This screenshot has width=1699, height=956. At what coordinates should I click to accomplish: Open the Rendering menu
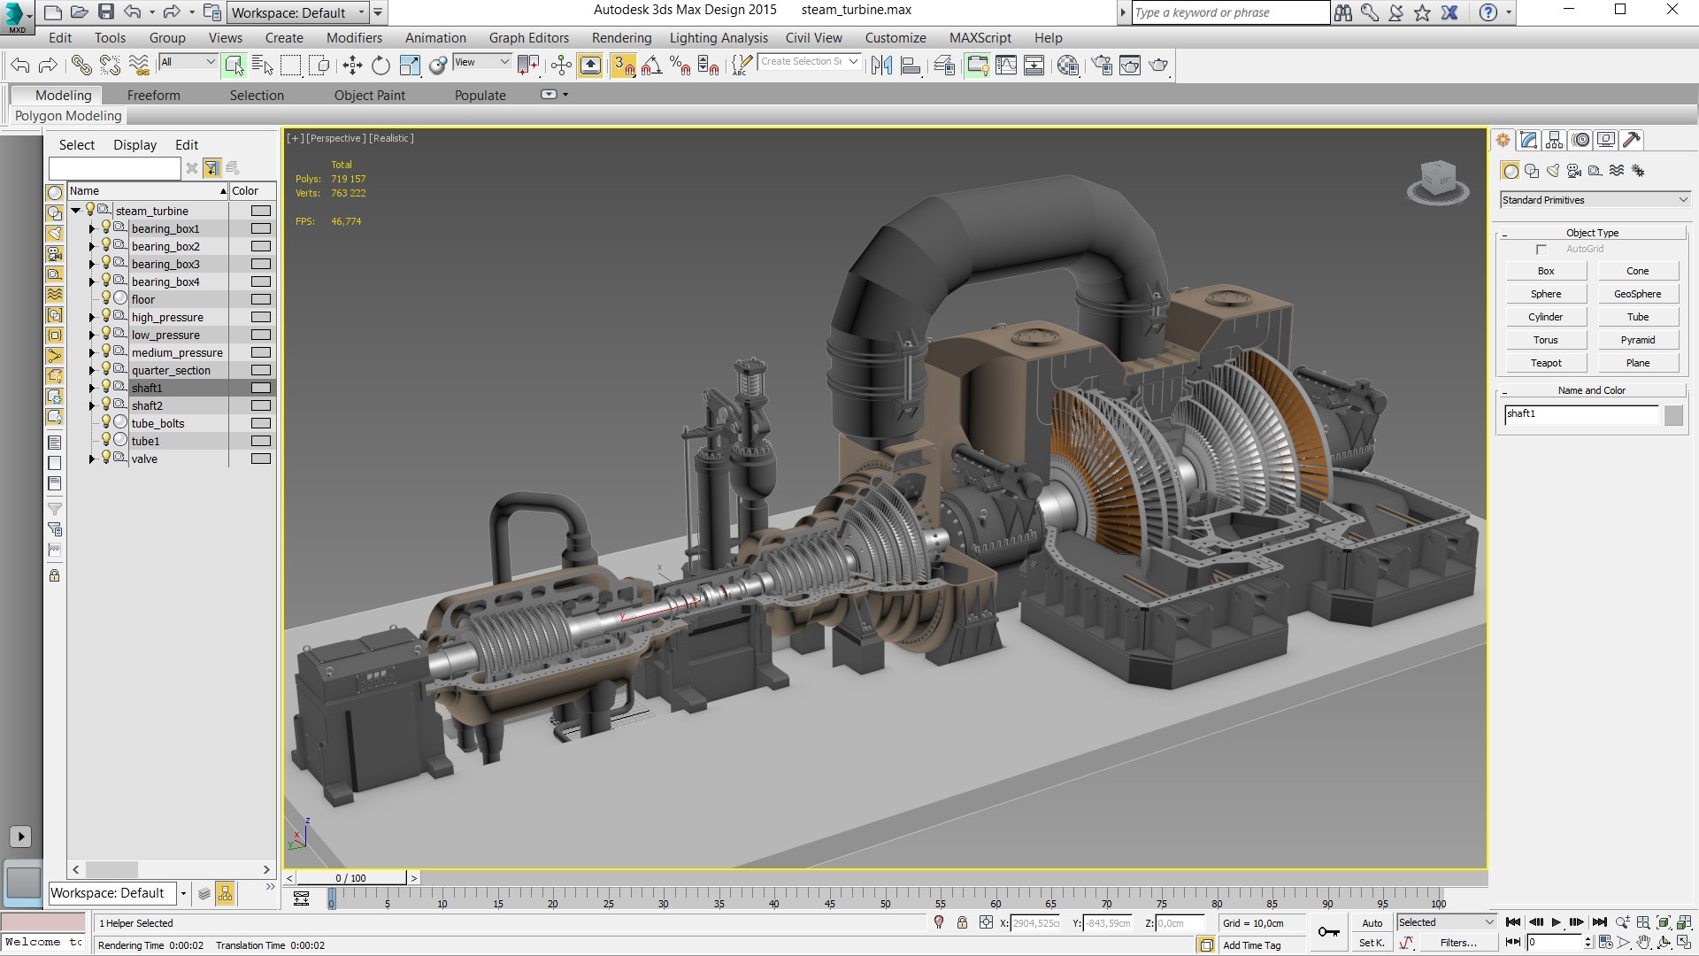point(621,38)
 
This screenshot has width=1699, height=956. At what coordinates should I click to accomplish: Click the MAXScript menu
point(980,38)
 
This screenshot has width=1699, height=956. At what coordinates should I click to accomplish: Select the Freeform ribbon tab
point(153,96)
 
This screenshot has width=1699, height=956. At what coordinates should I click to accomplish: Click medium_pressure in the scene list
point(177,352)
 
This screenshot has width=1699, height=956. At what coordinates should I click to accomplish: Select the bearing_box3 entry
point(165,264)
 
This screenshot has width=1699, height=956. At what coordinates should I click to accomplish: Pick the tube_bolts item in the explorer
point(158,423)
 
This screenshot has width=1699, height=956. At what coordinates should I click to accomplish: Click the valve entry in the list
point(144,459)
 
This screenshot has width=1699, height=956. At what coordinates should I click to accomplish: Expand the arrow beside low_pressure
point(91,335)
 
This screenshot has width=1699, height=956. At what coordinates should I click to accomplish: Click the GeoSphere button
point(1637,294)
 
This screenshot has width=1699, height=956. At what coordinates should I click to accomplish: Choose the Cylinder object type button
point(1545,317)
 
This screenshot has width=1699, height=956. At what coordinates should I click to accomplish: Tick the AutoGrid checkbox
point(1541,250)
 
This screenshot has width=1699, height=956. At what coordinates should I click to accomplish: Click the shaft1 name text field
point(1580,414)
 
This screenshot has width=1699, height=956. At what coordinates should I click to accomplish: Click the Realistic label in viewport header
point(391,138)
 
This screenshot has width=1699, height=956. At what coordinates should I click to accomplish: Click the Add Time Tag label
point(1251,945)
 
